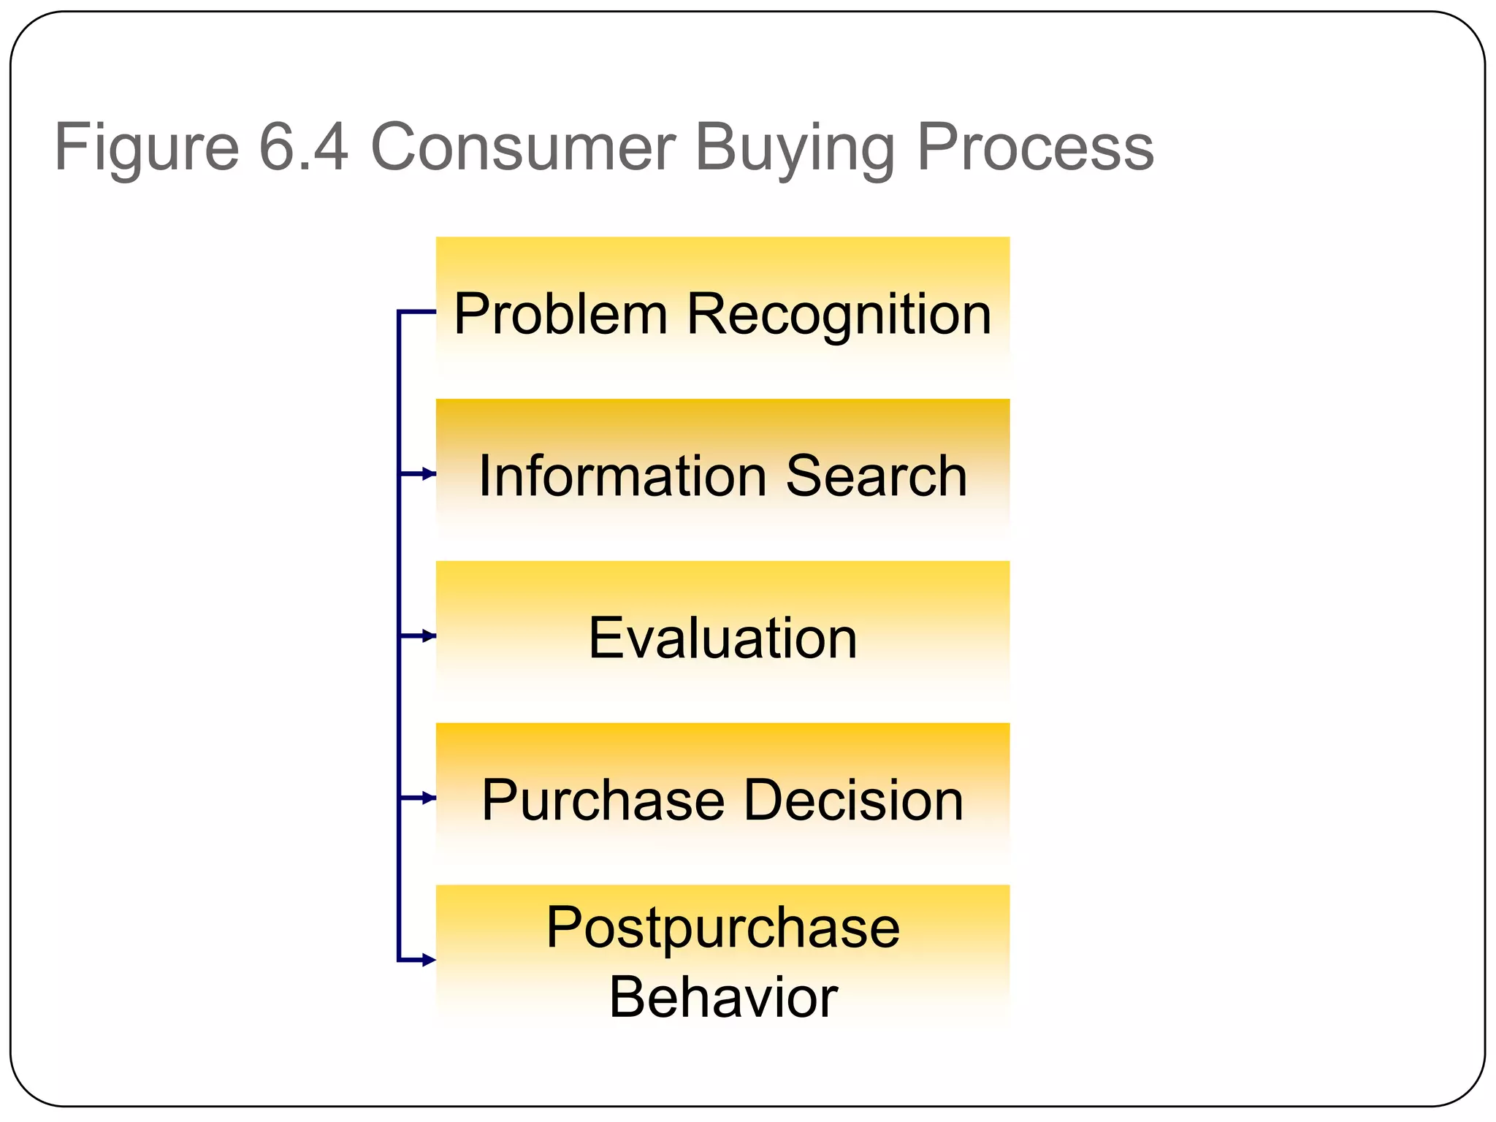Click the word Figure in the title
point(146,149)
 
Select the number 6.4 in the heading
point(303,148)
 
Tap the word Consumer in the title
point(522,148)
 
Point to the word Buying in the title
point(794,149)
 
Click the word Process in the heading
point(1034,148)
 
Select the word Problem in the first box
point(560,314)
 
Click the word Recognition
point(839,315)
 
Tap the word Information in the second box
point(622,476)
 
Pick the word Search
point(876,476)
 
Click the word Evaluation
point(722,638)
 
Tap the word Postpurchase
point(722,928)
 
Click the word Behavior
point(722,997)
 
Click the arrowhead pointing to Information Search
point(430,474)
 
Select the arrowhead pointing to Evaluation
point(430,636)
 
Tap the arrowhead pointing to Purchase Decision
point(430,798)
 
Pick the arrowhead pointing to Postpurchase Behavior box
point(430,960)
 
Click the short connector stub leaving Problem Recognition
point(417,312)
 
